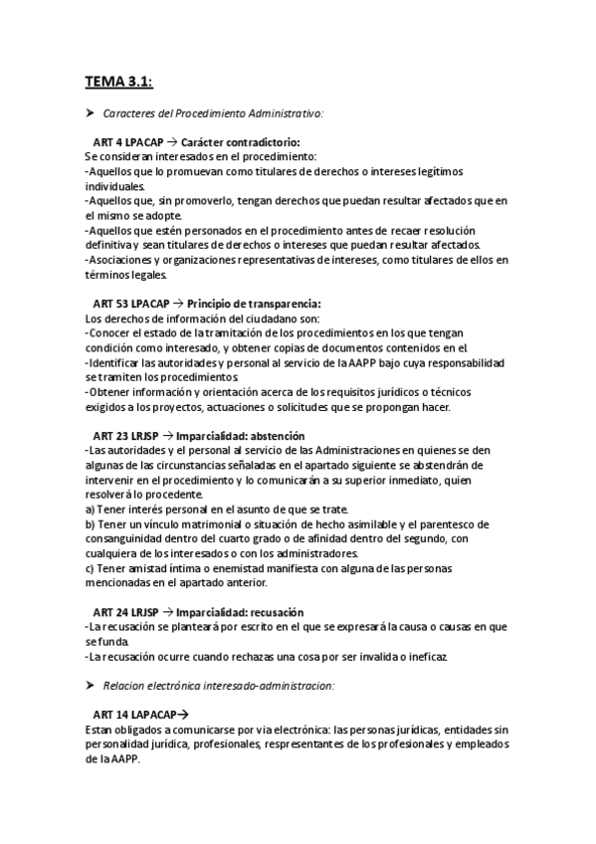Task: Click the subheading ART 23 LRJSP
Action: click(125, 435)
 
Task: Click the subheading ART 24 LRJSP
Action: click(125, 611)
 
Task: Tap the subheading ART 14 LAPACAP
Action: click(134, 715)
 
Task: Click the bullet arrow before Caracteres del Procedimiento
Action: click(90, 113)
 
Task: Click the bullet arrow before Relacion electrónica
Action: click(90, 686)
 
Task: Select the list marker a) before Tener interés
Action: click(91, 509)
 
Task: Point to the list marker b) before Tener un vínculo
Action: click(91, 524)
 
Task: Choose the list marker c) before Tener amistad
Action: click(91, 567)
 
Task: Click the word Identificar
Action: click(117, 362)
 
